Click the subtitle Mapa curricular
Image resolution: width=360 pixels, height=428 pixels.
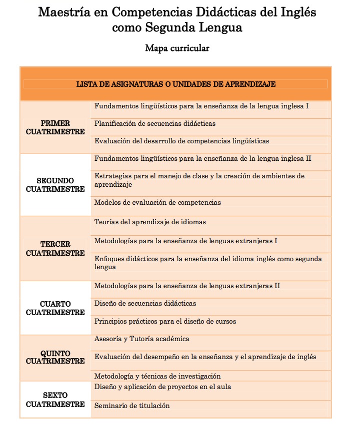(177, 48)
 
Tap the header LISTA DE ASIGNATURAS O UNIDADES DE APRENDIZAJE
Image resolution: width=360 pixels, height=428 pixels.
(176, 84)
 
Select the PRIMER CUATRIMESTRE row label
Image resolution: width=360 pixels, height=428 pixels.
(55, 127)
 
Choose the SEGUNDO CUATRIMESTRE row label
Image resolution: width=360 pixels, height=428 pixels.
(55, 185)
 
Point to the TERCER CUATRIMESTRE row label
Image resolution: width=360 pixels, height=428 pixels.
(55, 249)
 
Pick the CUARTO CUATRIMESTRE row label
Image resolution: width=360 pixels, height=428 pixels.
(55, 308)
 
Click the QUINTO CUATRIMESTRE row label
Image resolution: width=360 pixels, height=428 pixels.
(55, 357)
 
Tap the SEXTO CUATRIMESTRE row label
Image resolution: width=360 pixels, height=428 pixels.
(55, 400)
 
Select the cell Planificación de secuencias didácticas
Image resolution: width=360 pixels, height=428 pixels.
(155, 123)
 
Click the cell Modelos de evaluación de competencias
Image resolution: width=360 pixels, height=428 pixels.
(157, 203)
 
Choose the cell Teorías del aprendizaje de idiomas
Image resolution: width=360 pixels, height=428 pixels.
(150, 222)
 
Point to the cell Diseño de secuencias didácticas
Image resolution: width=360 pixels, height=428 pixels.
(145, 303)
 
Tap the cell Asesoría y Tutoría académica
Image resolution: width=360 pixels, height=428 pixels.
(142, 339)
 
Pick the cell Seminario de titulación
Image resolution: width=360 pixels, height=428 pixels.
(132, 406)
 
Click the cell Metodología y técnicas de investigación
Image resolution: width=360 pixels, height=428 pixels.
(157, 376)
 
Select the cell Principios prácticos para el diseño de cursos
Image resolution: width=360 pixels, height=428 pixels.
(165, 321)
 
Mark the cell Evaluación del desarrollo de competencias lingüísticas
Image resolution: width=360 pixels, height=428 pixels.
(181, 141)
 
